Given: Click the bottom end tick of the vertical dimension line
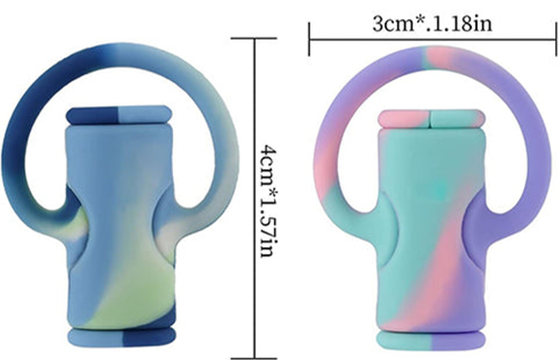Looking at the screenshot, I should point(252,355).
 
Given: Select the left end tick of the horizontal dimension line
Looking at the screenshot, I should point(310,39).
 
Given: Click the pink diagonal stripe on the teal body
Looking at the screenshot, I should point(439,265).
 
